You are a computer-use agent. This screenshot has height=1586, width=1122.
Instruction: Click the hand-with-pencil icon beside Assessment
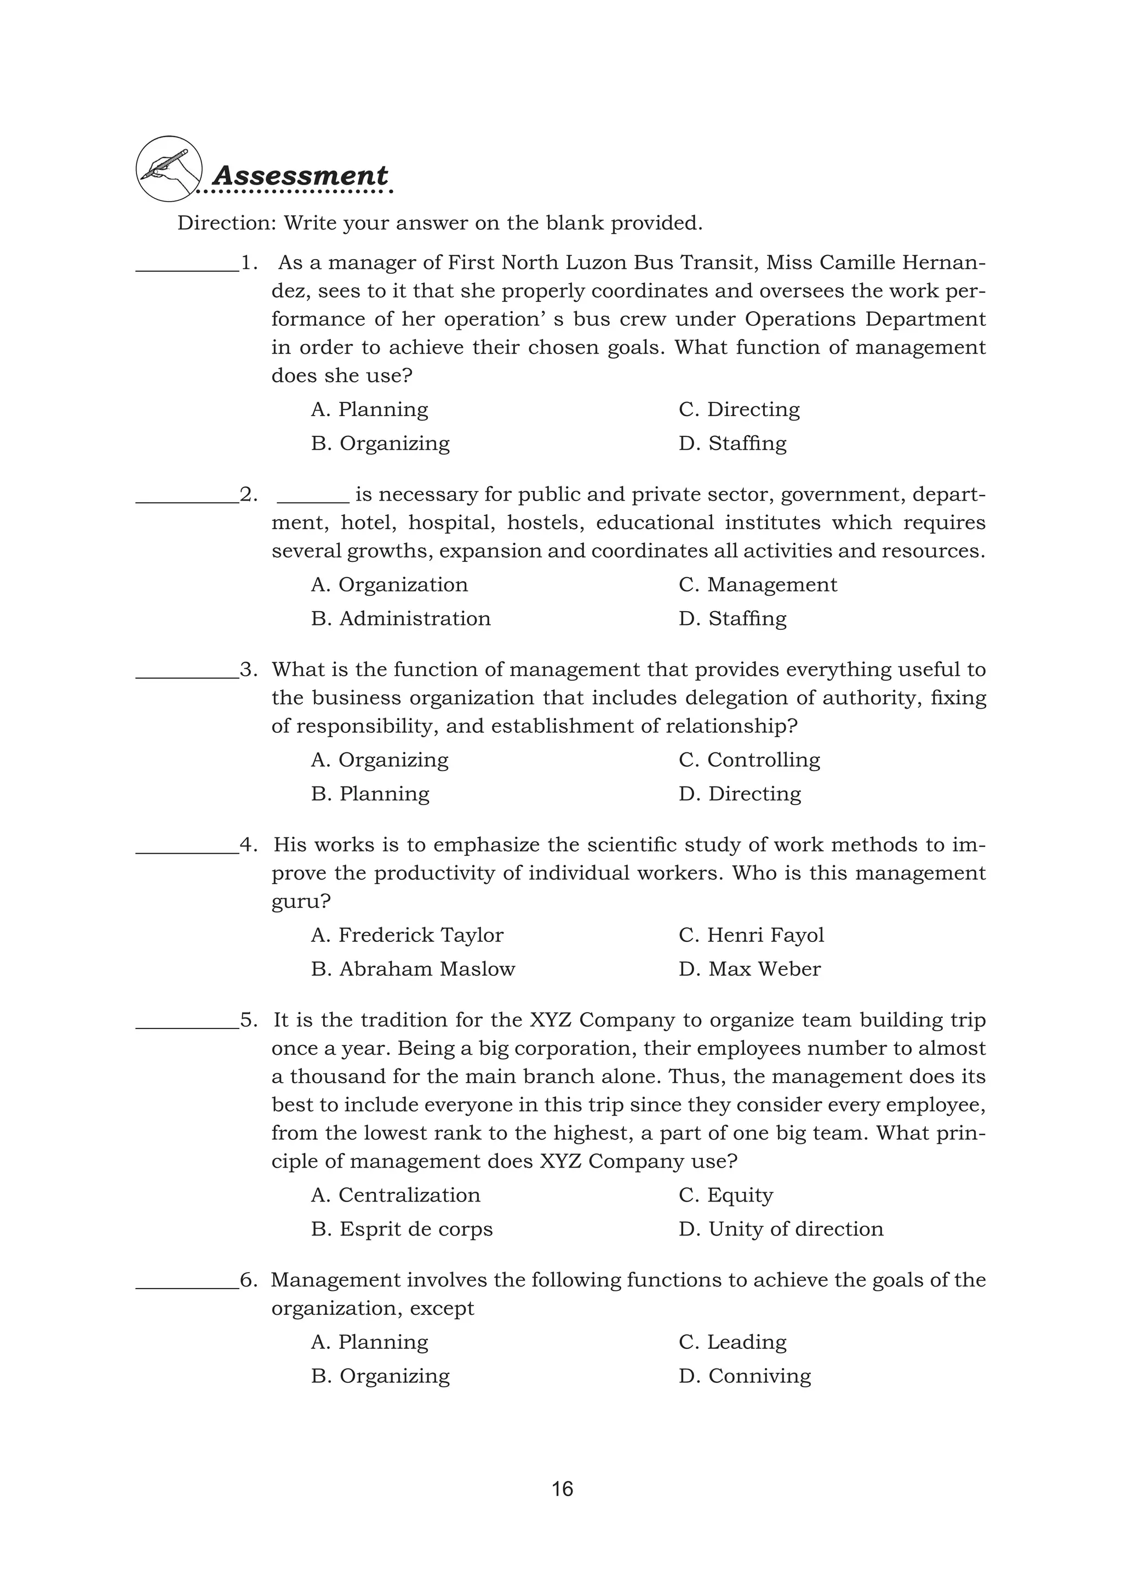(169, 169)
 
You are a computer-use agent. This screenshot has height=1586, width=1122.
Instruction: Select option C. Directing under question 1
(739, 410)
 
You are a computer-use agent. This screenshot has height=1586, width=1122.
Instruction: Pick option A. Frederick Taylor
(407, 935)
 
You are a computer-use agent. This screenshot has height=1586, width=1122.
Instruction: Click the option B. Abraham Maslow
(413, 969)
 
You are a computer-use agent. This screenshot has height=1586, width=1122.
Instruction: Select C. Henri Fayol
(751, 935)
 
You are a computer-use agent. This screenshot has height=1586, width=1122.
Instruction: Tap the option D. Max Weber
(749, 969)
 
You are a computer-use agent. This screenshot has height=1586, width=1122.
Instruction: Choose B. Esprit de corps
(402, 1229)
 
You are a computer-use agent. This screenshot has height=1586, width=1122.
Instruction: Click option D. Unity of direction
(781, 1229)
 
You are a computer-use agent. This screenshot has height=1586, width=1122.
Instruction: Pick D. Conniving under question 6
(744, 1376)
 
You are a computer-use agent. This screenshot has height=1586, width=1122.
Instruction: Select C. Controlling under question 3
(749, 760)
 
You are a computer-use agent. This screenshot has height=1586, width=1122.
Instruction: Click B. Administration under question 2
(400, 618)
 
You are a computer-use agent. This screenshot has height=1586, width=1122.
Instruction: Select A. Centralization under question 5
(395, 1195)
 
